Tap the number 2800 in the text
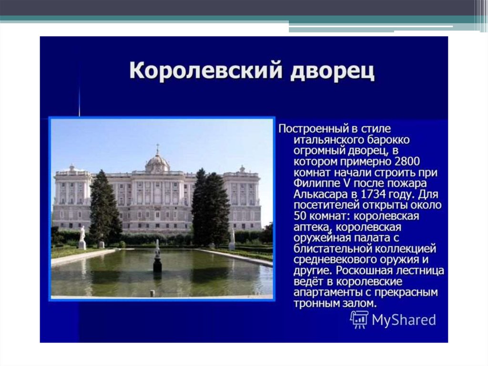407,161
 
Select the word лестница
418,271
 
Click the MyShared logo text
404,320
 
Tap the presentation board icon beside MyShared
359,319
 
